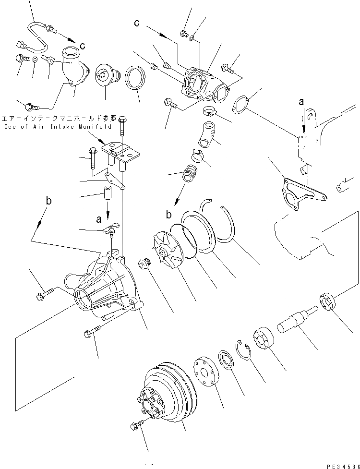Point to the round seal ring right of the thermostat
(x=135, y=78)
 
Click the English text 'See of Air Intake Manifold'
(x=58, y=127)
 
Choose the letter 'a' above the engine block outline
(x=301, y=102)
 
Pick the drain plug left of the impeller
(x=143, y=264)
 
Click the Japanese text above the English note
(x=59, y=118)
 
